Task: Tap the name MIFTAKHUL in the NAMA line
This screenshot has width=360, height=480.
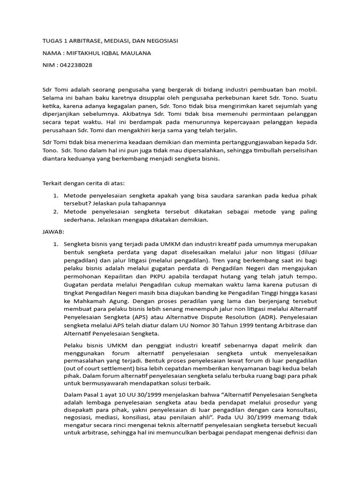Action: (x=84, y=53)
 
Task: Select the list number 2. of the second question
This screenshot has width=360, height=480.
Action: (x=55, y=211)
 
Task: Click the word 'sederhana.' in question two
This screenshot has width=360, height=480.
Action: (x=79, y=220)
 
